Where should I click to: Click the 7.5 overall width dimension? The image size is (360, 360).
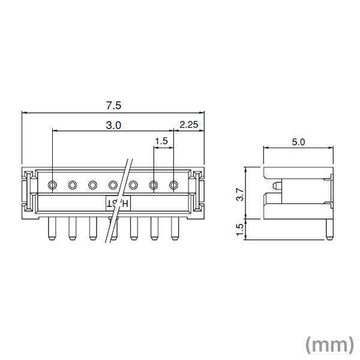pyautogui.click(x=113, y=105)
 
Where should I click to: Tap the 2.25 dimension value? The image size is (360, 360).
pyautogui.click(x=189, y=125)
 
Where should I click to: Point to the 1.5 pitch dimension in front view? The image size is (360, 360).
pyautogui.click(x=161, y=142)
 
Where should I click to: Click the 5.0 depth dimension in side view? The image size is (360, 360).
pyautogui.click(x=298, y=142)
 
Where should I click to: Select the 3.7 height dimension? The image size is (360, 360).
pyautogui.click(x=240, y=194)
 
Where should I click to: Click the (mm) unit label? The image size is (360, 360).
pyautogui.click(x=329, y=344)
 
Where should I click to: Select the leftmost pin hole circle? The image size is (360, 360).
pyautogui.click(x=53, y=185)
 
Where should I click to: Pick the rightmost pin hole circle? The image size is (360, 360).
pyautogui.click(x=175, y=185)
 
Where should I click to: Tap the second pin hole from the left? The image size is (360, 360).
pyautogui.click(x=73, y=185)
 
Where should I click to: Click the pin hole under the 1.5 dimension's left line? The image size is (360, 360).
pyautogui.click(x=154, y=185)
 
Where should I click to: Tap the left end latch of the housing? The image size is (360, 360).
pyautogui.click(x=26, y=191)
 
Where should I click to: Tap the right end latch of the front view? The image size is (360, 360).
pyautogui.click(x=200, y=191)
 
